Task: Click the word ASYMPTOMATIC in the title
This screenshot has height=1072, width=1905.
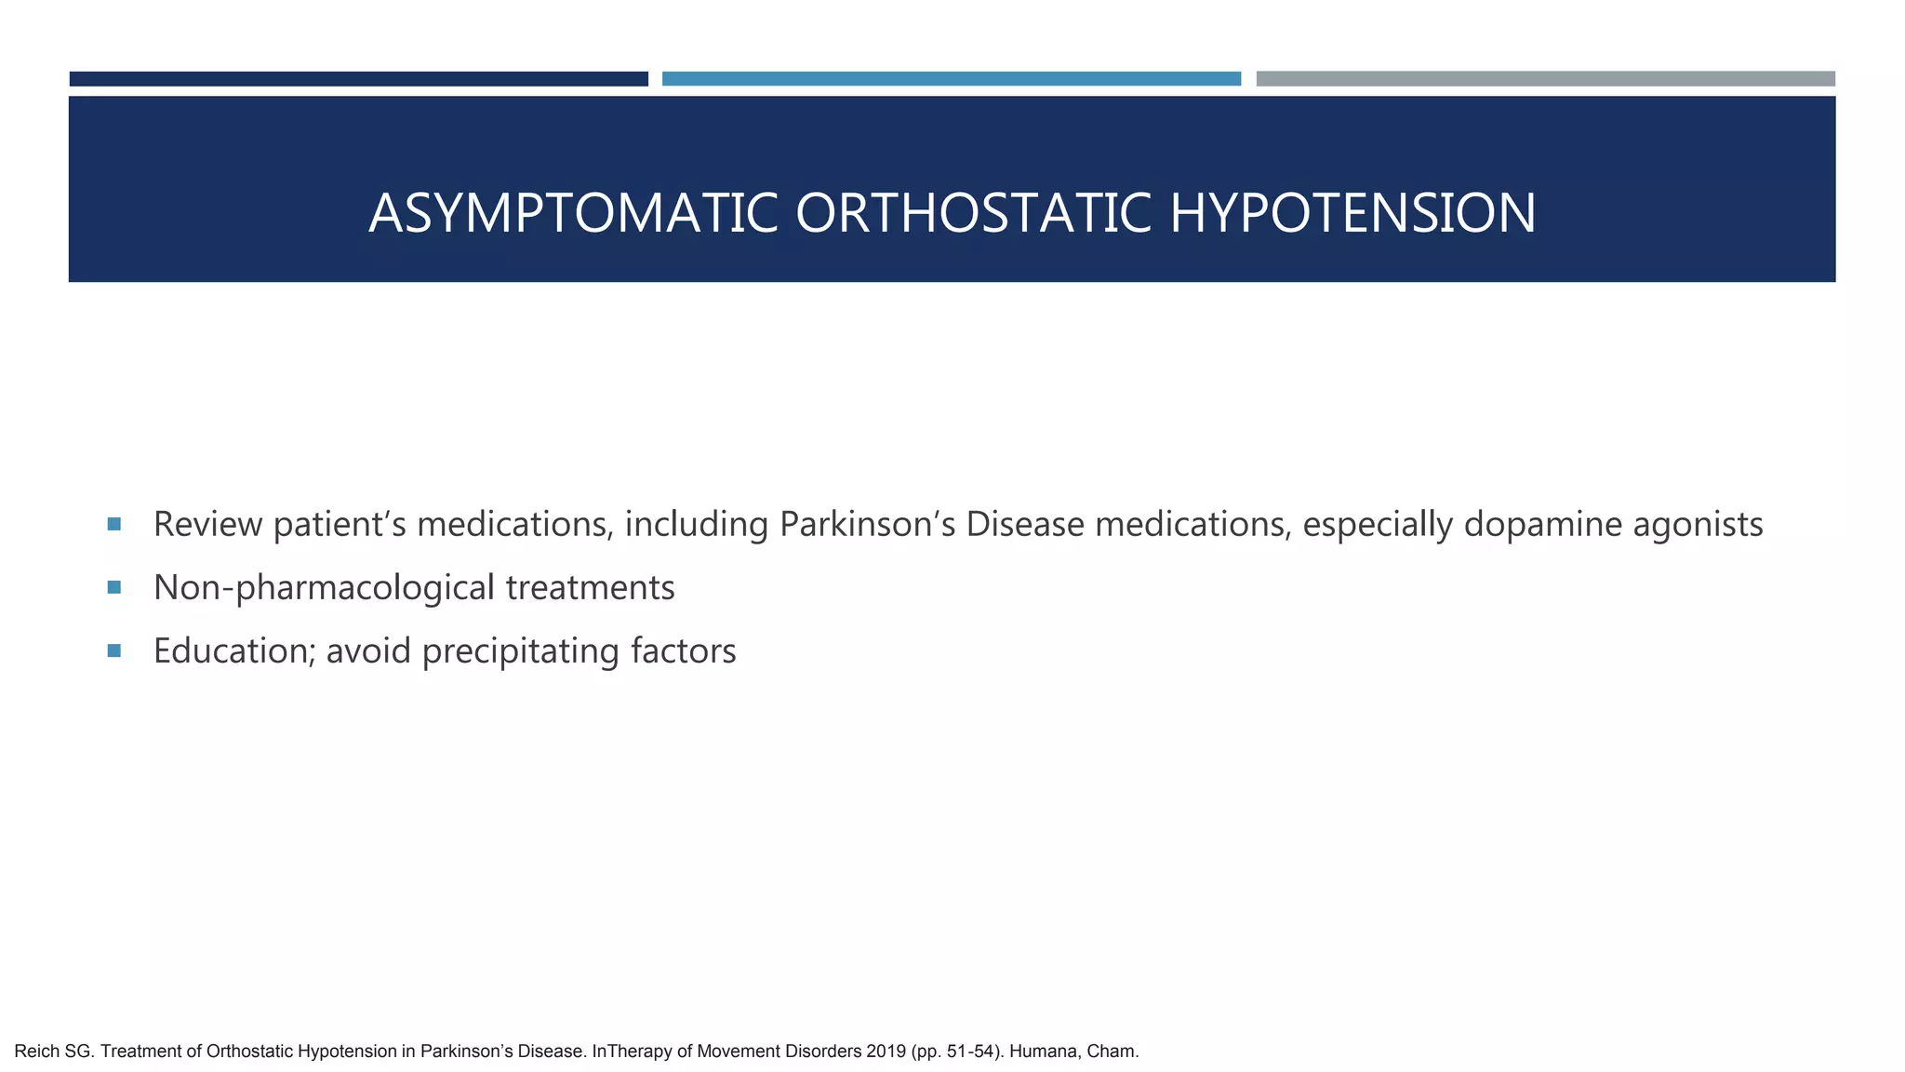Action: pyautogui.click(x=572, y=213)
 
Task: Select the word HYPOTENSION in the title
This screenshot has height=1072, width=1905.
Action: pyautogui.click(x=1352, y=213)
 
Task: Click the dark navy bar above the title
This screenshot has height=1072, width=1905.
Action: pyautogui.click(x=358, y=79)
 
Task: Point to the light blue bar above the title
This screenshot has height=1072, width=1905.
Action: pyautogui.click(x=951, y=79)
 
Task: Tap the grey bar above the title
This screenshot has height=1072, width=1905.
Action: pyautogui.click(x=1545, y=79)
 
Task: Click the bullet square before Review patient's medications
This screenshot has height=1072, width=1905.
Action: pyautogui.click(x=114, y=524)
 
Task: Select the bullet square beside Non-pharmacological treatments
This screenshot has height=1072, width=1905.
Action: pyautogui.click(x=114, y=587)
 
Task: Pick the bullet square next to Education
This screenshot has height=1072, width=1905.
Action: pyautogui.click(x=114, y=650)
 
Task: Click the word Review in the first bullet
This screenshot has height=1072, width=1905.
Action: pyautogui.click(x=207, y=525)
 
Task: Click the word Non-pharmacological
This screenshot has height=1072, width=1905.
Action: pyautogui.click(x=324, y=588)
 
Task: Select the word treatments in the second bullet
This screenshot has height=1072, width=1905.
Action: pyautogui.click(x=590, y=588)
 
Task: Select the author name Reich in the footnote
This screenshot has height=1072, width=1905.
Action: pyautogui.click(x=36, y=1052)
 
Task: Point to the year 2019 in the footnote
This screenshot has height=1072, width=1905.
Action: pyautogui.click(x=886, y=1052)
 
